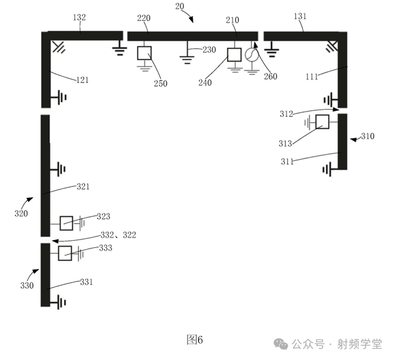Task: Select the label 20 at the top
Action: (179, 6)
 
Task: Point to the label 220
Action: (144, 19)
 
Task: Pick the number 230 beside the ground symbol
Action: (209, 49)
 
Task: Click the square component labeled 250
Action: (145, 52)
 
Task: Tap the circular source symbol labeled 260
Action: (252, 55)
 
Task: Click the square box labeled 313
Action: (322, 122)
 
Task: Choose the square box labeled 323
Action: (66, 222)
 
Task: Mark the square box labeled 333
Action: (65, 253)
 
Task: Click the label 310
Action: (367, 136)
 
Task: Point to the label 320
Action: (21, 213)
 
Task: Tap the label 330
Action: (27, 286)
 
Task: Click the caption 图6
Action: (194, 340)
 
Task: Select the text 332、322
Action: (119, 235)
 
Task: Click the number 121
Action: (82, 80)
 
